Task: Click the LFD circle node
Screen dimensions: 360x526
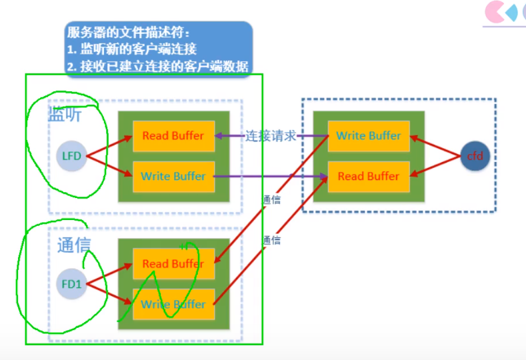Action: click(x=71, y=157)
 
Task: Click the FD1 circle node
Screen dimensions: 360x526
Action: click(x=71, y=284)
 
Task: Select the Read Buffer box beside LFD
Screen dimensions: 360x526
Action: click(x=173, y=136)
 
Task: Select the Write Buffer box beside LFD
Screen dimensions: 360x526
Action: click(x=173, y=177)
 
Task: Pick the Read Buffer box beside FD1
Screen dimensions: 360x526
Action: click(x=173, y=264)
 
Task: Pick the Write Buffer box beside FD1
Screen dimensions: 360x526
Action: click(x=173, y=305)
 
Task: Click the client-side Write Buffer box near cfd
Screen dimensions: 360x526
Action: click(x=368, y=136)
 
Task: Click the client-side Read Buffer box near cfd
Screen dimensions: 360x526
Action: click(x=368, y=177)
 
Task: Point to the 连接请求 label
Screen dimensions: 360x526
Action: click(x=271, y=136)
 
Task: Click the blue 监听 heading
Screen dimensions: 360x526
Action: click(x=65, y=115)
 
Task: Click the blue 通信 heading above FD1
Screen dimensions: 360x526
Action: click(x=73, y=245)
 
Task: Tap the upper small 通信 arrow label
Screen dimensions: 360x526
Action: click(x=271, y=199)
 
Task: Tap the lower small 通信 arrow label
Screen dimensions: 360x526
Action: click(x=271, y=240)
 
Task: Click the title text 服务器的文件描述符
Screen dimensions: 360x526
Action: click(x=128, y=32)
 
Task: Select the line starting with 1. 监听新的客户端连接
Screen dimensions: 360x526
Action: click(x=132, y=49)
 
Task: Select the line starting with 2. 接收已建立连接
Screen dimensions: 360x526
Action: click(x=157, y=66)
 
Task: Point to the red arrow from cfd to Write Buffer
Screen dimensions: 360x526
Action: click(x=435, y=146)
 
